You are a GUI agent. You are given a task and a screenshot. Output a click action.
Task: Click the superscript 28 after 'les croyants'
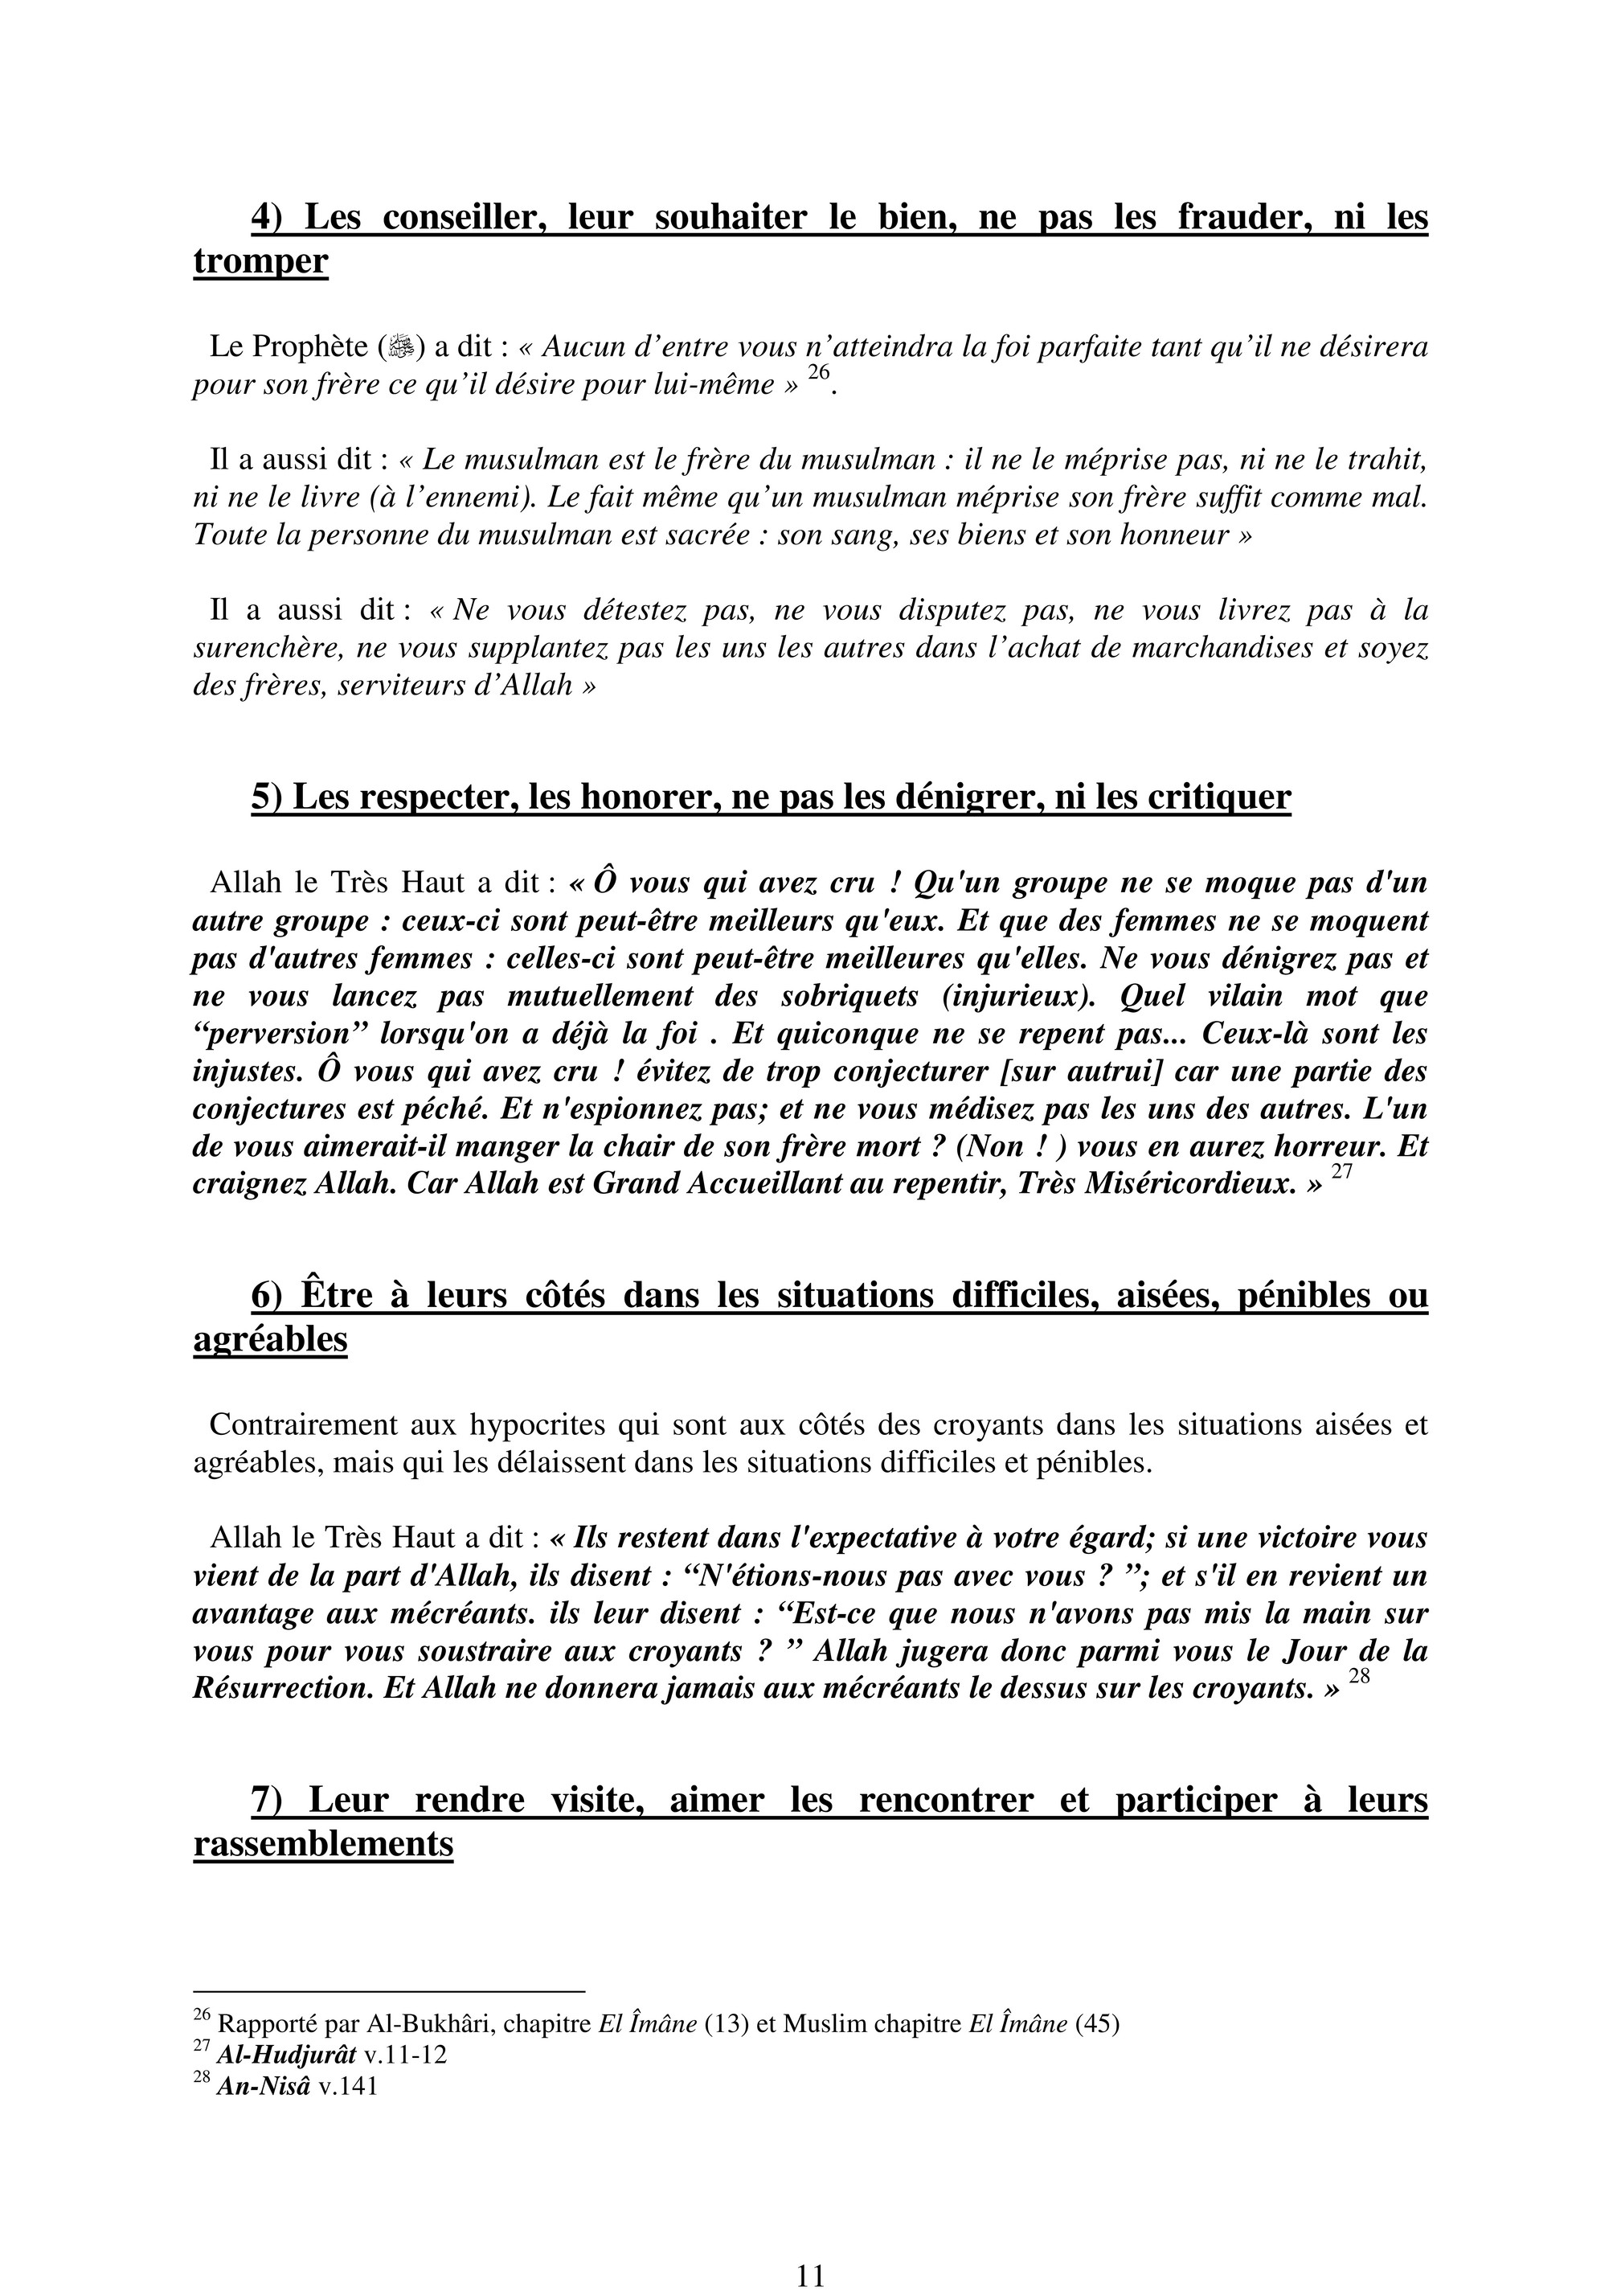[x=1358, y=1678]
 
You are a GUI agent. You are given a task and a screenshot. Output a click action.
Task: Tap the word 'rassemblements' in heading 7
[x=323, y=1844]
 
